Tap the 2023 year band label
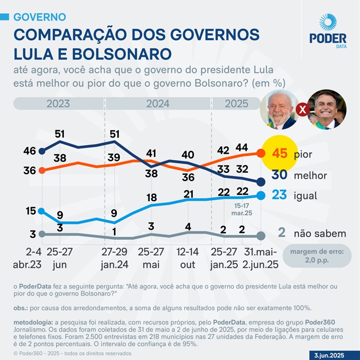coord(58,103)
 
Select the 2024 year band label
coord(157,103)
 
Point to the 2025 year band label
coord(237,103)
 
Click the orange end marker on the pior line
coord(261,153)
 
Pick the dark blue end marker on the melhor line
coord(261,182)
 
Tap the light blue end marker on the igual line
coord(261,195)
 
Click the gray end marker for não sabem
coord(261,236)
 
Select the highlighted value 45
coord(279,154)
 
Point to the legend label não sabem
coord(319,233)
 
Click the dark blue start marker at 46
coord(42,151)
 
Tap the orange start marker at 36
coord(42,170)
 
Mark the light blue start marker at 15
coord(42,211)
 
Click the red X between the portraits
coord(303,110)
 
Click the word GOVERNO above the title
coord(39,17)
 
